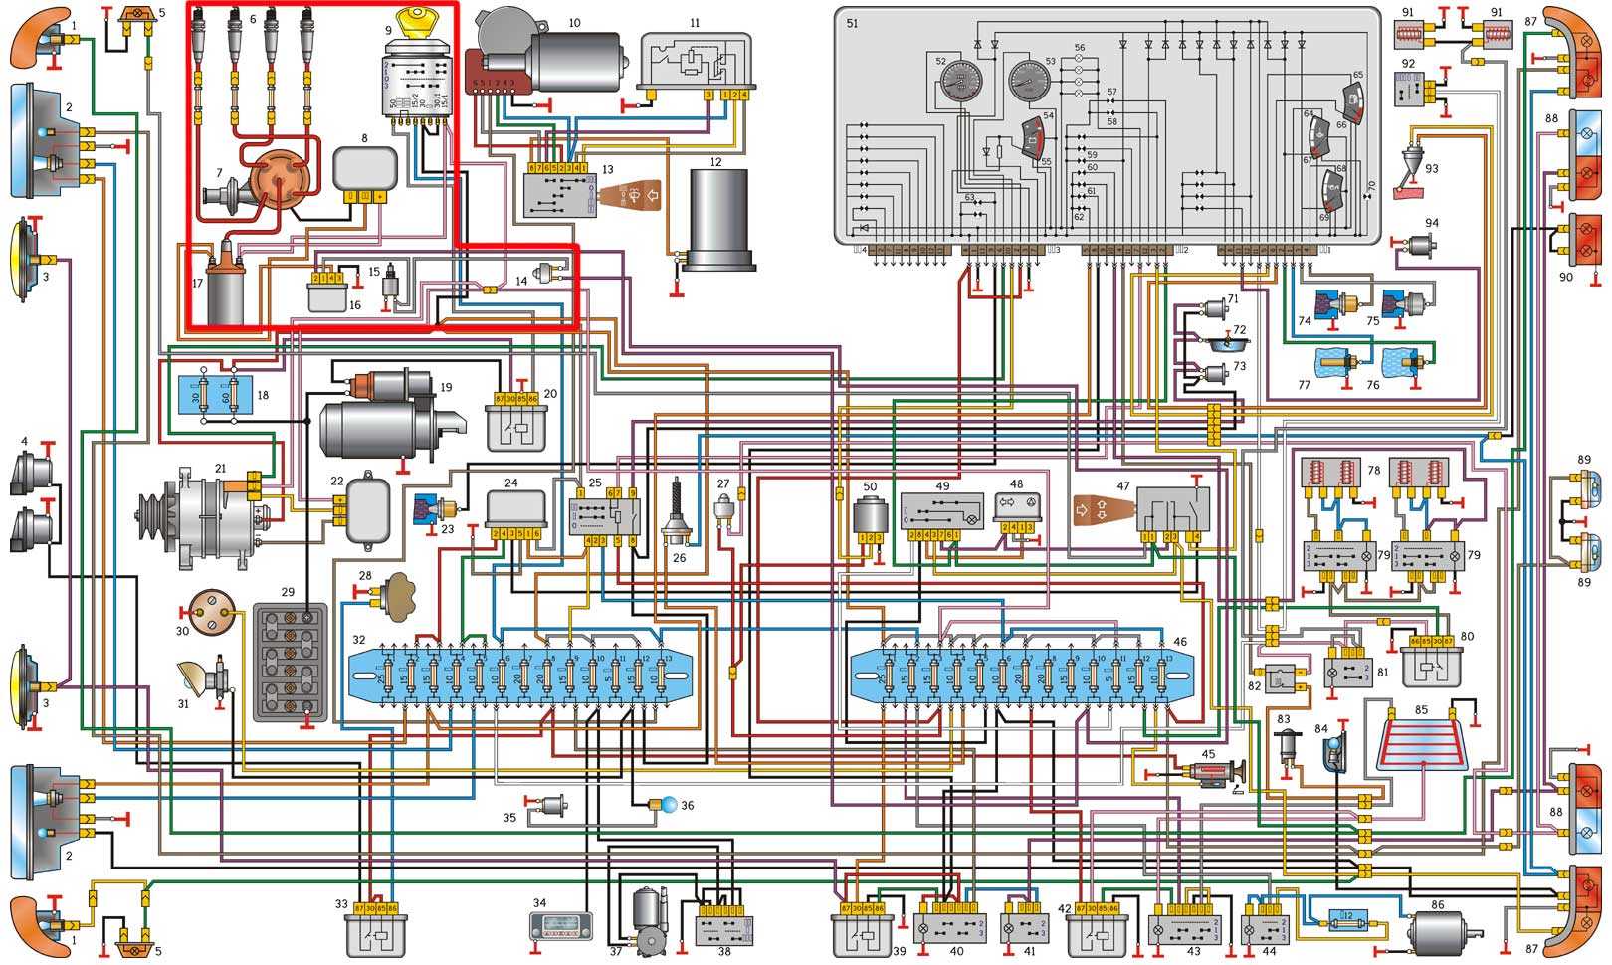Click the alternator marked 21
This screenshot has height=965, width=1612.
[x=194, y=517]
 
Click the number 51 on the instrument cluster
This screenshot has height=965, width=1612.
[x=852, y=23]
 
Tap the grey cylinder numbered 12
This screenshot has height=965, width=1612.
[x=716, y=219]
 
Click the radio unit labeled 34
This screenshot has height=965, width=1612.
[x=561, y=926]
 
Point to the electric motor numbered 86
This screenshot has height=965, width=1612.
[x=1443, y=932]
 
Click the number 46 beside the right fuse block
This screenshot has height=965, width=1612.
[x=1180, y=642]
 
